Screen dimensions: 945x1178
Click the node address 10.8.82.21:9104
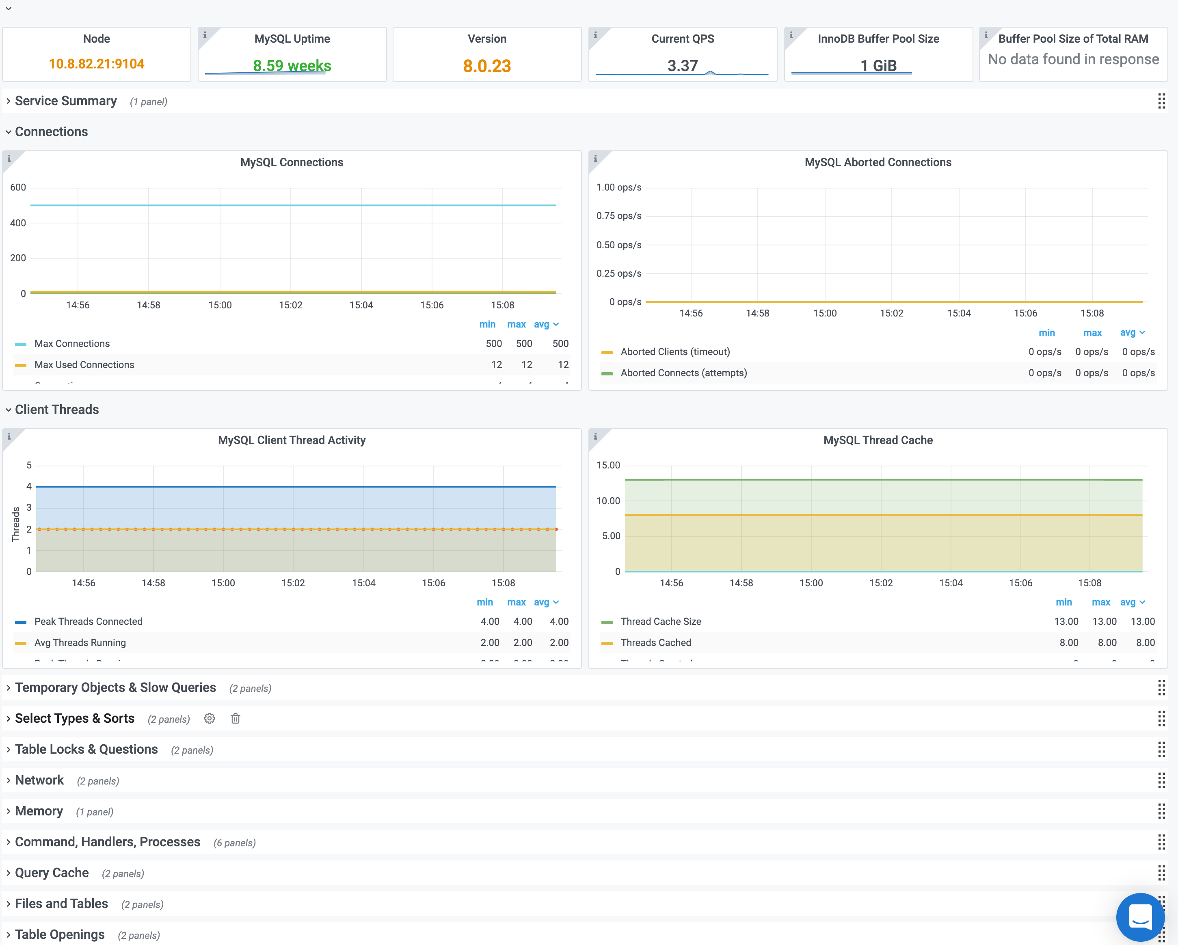[96, 64]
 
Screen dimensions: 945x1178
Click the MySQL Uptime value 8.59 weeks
[292, 65]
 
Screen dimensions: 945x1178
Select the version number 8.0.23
[486, 66]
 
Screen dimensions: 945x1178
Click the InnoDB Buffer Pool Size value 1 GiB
[878, 65]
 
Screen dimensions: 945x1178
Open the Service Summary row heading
[65, 101]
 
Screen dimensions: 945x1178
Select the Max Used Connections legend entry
[84, 364]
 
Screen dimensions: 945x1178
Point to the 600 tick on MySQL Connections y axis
[18, 187]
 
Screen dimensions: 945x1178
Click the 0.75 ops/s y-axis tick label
[618, 216]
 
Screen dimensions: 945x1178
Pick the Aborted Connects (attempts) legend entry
[683, 373]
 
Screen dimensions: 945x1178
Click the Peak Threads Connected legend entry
[88, 622]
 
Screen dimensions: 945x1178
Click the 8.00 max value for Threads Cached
[1107, 643]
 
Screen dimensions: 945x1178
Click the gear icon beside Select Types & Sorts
[209, 719]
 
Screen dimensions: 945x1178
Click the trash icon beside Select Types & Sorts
[236, 719]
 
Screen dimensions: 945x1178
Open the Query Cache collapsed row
[52, 873]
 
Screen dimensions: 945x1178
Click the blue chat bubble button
[1140, 917]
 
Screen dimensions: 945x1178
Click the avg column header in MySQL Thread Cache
[1128, 603]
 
